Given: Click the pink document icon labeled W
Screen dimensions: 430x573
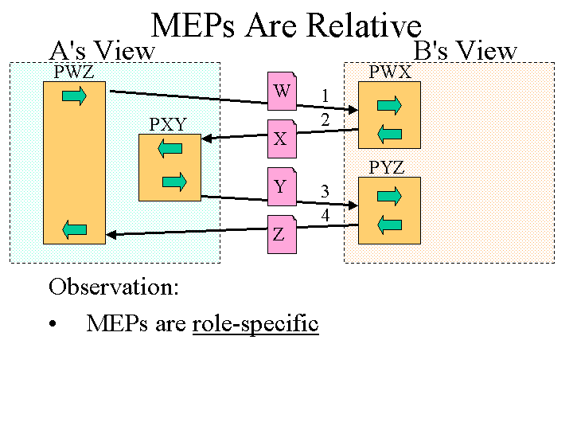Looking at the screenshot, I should pos(282,91).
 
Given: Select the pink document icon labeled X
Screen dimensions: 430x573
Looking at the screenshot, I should pos(282,138).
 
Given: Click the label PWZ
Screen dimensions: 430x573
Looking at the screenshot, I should pos(74,72).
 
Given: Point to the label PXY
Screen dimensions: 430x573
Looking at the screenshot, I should pos(168,125).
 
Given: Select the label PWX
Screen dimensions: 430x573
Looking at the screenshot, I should pos(390,72).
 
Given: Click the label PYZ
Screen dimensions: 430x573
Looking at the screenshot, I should pos(387,168).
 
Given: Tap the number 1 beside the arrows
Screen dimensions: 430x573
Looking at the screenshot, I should pos(325,96).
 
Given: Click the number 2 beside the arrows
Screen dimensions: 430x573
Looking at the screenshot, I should pos(325,120).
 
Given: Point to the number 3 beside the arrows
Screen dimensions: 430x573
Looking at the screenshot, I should pos(325,191).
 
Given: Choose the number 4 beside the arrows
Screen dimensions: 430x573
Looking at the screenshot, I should pos(325,215).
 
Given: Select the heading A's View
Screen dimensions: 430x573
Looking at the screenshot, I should pos(102,51).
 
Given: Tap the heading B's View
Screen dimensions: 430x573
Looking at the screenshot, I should pos(466,51).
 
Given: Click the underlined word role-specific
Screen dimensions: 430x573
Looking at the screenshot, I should pos(255,324).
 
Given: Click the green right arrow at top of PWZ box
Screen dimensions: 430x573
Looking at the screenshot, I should pos(74,96).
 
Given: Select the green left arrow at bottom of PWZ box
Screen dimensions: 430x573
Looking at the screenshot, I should pos(74,230).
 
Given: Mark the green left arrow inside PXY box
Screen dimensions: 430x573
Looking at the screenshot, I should pos(170,147).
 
